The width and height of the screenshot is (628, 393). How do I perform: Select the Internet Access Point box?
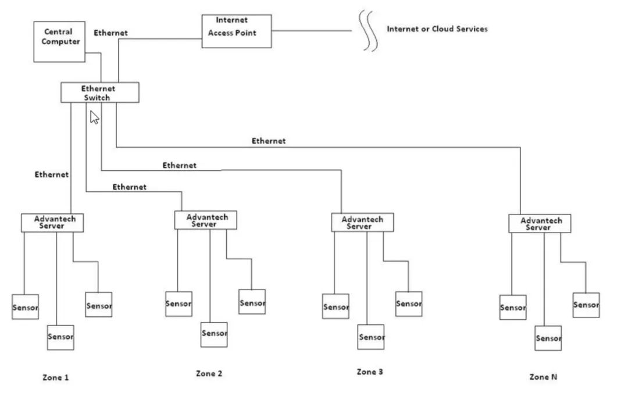coord(236,31)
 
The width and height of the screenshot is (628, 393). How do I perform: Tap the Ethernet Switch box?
coord(100,92)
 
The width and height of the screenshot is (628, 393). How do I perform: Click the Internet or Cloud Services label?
coord(437,29)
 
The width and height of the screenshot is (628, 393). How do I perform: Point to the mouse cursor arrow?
coord(94,117)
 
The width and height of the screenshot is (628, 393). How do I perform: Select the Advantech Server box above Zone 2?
coord(206,220)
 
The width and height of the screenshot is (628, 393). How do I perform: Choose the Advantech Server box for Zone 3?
coord(362,223)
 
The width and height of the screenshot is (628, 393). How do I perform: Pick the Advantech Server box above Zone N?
coord(540,224)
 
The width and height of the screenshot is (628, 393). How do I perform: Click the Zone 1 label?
coord(55,377)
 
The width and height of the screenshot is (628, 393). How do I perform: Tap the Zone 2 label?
coord(209,373)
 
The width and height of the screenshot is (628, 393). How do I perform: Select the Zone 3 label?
coord(370,371)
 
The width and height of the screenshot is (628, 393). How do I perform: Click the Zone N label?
coord(543,377)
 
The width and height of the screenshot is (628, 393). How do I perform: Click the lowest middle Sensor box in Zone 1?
coord(60,337)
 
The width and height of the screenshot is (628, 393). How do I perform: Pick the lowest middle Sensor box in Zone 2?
coord(214,334)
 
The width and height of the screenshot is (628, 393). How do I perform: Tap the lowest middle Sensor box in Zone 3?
coord(371,337)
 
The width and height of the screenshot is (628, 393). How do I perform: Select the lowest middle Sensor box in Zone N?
coord(548,338)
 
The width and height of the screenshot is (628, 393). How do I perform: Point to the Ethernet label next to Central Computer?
coord(110,33)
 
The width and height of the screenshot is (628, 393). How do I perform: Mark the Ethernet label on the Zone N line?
coord(268,141)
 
